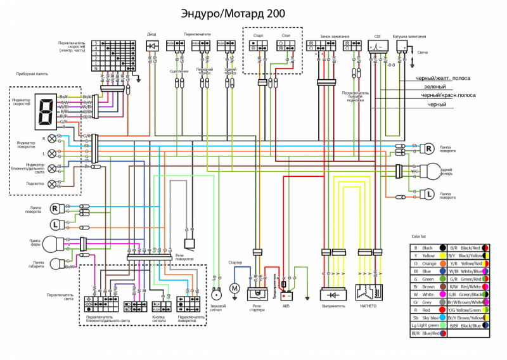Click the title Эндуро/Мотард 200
(x=233, y=13)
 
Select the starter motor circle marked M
(x=234, y=289)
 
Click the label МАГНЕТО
(x=368, y=305)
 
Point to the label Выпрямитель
(x=335, y=305)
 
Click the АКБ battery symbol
(x=287, y=295)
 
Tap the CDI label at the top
(x=378, y=37)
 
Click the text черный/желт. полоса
(x=443, y=78)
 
